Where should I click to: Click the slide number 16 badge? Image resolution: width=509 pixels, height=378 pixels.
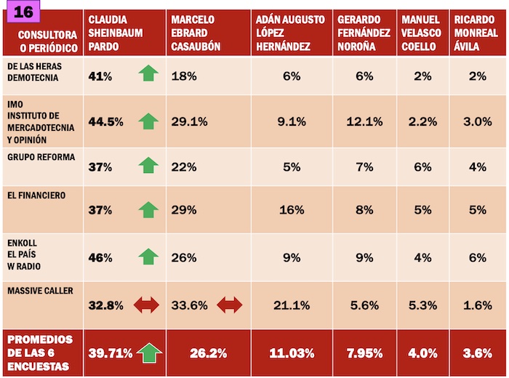pos(23,12)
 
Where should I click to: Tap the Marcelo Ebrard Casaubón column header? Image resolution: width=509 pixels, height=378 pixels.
pos(198,33)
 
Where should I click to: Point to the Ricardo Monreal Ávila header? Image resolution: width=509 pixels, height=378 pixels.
pos(477,33)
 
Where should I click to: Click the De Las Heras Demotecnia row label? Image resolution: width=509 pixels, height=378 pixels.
pos(34,72)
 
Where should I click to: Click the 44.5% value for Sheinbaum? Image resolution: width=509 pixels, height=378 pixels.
pos(105,121)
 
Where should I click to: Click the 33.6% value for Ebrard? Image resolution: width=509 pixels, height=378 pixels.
pos(189,305)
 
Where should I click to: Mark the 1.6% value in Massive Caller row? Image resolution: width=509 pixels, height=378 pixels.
pos(478,305)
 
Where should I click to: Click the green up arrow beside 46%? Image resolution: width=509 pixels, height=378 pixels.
pos(148,257)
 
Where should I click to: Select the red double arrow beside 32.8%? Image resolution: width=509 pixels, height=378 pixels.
pos(145,305)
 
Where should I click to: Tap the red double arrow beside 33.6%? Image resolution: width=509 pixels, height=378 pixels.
pos(231,305)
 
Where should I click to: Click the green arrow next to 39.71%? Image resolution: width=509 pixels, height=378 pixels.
pos(148,353)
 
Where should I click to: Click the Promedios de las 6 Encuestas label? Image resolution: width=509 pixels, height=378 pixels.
pos(40,353)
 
